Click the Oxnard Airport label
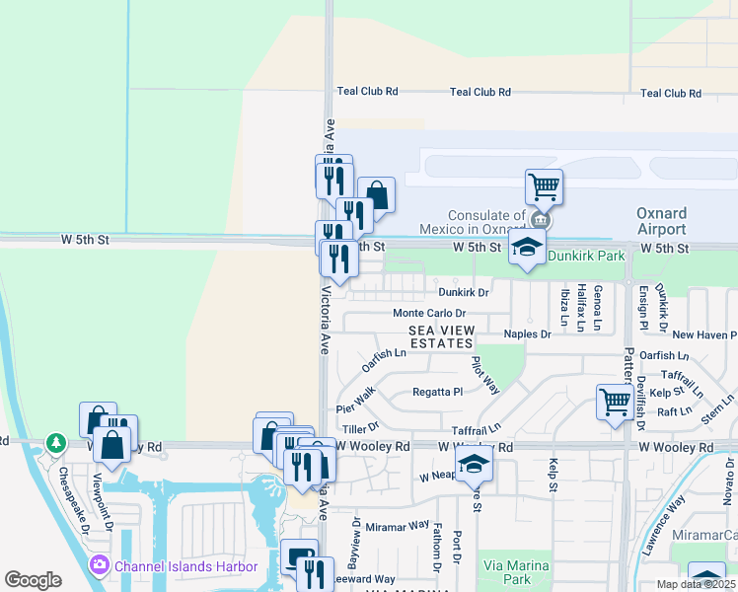coord(661,221)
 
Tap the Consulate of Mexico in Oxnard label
coord(486,222)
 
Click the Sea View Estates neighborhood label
coord(441,336)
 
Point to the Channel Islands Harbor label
coord(186,566)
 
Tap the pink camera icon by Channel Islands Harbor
coord(99,565)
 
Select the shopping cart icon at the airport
coord(544,185)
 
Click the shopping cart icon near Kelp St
coord(615,401)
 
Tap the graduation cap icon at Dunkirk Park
coord(527,247)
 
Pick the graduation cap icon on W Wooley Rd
coord(474,463)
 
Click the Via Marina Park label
coord(507,572)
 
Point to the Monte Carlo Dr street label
coord(429,313)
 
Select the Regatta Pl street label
coord(437,392)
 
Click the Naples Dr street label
coord(527,334)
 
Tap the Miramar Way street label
coord(398,527)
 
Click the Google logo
coord(33,580)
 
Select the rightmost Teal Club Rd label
coord(670,93)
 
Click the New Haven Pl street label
coord(703,335)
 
